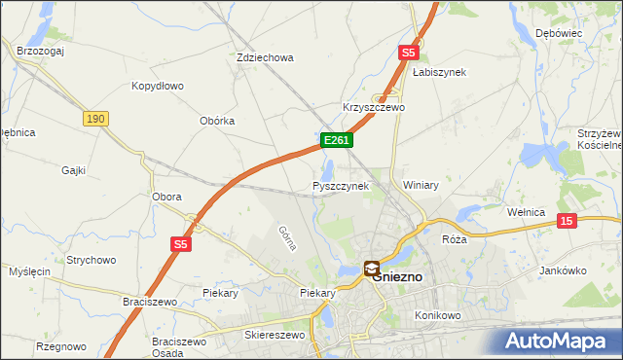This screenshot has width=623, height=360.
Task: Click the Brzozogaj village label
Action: (x=40, y=51)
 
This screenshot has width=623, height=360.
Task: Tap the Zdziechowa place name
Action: (x=265, y=57)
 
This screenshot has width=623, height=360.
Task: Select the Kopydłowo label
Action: (x=158, y=86)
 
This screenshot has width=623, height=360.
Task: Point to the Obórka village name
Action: (x=217, y=121)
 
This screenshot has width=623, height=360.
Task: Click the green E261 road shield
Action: (x=336, y=141)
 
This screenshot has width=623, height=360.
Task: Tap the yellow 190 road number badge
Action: (x=94, y=118)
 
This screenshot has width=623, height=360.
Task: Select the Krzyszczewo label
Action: (x=373, y=107)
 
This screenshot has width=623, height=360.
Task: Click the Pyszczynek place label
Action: (x=341, y=185)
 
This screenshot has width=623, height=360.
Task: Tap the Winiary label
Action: (x=421, y=185)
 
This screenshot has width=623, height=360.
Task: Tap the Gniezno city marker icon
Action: (x=372, y=268)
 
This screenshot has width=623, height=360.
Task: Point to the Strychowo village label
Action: (x=91, y=260)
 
